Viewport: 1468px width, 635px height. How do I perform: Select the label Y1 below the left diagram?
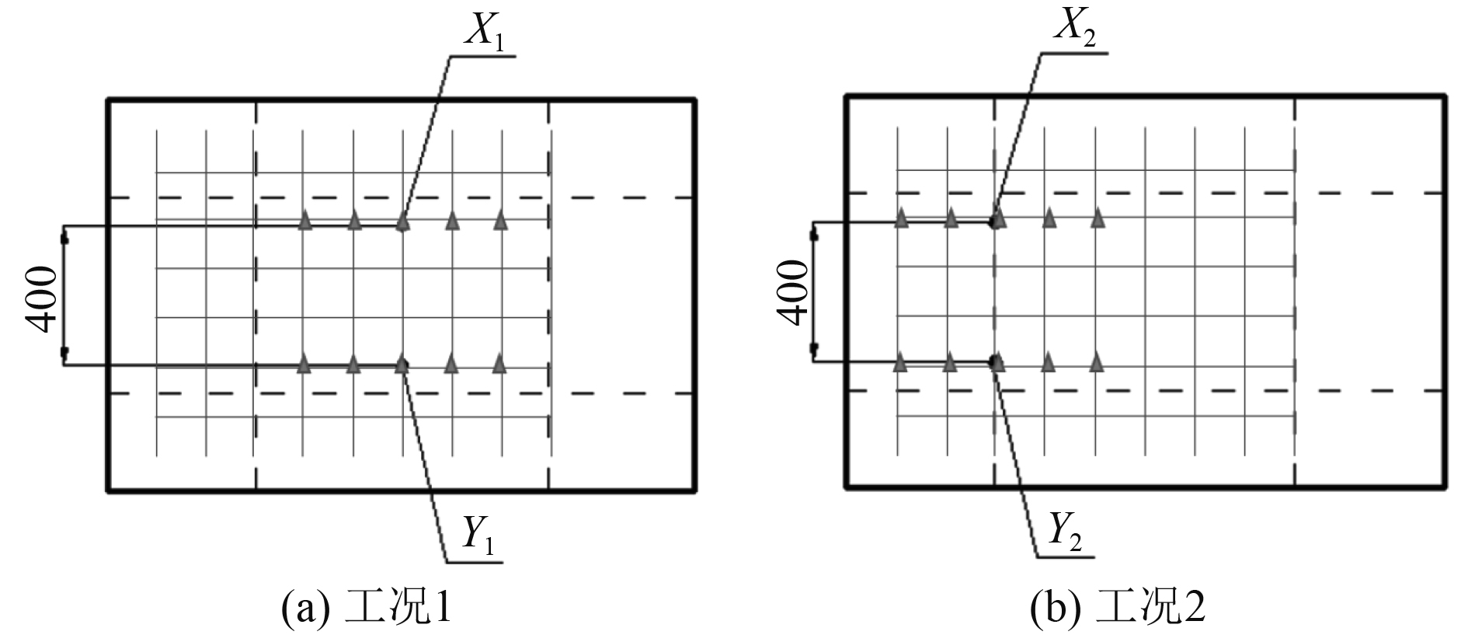pos(477,532)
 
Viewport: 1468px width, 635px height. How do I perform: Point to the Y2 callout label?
pos(1065,530)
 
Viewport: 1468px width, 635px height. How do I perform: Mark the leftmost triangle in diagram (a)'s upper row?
pos(305,221)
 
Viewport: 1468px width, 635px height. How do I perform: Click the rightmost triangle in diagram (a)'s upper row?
pos(501,221)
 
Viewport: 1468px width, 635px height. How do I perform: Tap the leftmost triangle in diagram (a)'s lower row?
pos(304,363)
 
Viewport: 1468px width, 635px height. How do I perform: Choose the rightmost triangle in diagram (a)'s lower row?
pos(499,363)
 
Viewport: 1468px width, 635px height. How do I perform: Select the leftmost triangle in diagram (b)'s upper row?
pos(901,218)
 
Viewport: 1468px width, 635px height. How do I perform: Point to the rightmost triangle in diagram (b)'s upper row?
pos(1098,218)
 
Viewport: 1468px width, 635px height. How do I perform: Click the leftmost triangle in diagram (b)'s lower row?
pos(900,361)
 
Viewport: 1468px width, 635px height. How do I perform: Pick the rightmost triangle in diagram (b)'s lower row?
pos(1097,361)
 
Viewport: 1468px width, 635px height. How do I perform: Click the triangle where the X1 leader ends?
pos(402,222)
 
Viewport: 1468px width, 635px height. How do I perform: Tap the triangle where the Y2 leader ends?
pos(997,361)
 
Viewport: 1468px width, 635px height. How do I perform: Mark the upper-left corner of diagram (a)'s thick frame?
pos(108,100)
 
